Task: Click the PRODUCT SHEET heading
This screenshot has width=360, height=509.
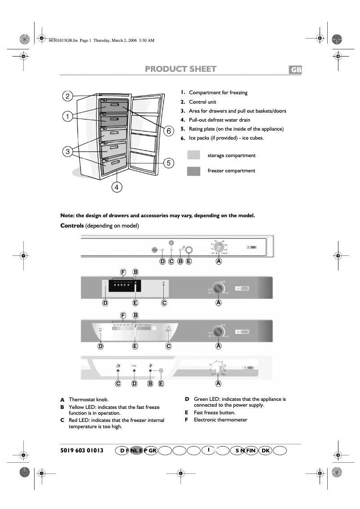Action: tap(180, 69)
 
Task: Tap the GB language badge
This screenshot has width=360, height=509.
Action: tap(294, 70)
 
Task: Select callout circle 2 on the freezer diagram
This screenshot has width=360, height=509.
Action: tap(67, 96)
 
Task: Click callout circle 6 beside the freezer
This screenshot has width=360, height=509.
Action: tap(168, 131)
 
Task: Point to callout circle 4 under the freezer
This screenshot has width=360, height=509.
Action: tap(117, 187)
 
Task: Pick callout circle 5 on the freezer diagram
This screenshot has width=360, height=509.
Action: tap(168, 163)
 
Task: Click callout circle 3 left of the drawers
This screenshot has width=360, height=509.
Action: tap(67, 152)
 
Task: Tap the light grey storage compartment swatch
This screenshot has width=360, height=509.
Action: tap(193, 155)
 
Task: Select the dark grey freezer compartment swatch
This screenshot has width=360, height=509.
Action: tap(193, 171)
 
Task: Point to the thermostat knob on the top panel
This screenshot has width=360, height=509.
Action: tap(218, 248)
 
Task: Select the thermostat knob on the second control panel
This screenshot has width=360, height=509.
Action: tap(218, 288)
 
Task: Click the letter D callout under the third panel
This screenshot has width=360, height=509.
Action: tap(101, 346)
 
